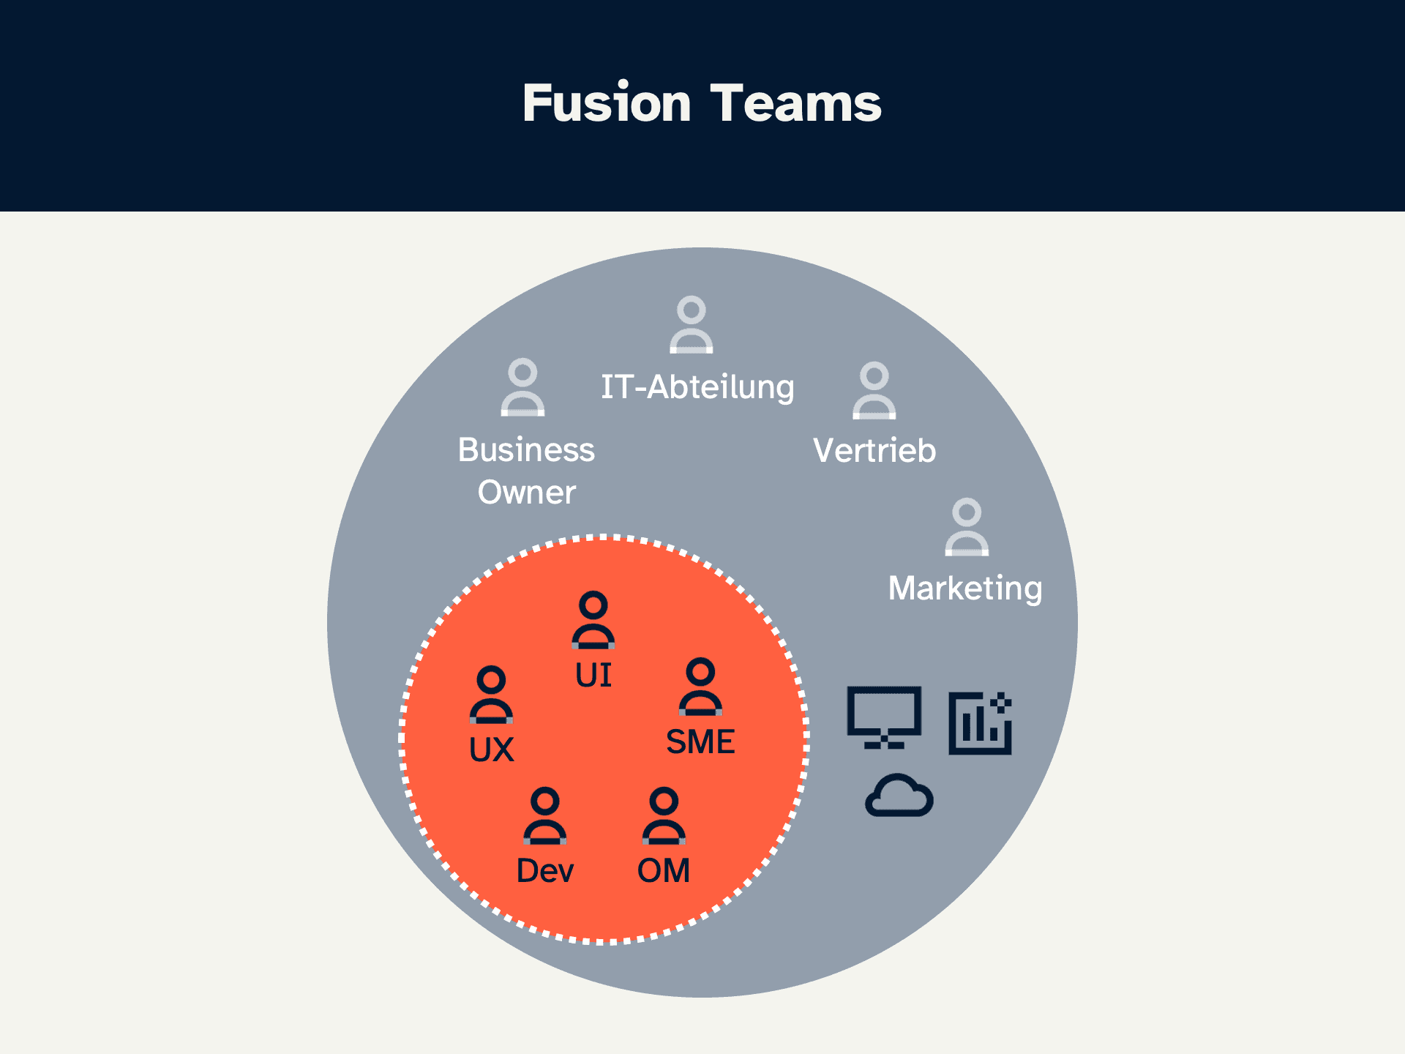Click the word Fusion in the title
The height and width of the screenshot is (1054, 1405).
(607, 102)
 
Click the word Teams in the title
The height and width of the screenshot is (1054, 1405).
(796, 102)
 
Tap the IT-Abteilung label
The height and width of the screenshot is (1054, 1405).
(697, 386)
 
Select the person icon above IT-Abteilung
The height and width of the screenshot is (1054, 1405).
(692, 324)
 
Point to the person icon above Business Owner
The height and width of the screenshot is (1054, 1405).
(522, 387)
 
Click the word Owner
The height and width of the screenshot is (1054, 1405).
(527, 492)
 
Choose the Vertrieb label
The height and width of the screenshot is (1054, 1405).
(874, 450)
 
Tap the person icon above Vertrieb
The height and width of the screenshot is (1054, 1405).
(874, 390)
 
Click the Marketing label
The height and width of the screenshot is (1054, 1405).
(965, 588)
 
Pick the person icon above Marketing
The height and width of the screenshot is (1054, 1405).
(967, 527)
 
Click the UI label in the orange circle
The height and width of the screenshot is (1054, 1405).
(593, 675)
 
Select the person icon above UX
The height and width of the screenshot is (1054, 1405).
(491, 695)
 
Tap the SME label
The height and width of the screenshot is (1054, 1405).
(700, 741)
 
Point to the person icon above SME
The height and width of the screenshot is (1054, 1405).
(700, 687)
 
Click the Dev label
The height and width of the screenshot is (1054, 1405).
(545, 870)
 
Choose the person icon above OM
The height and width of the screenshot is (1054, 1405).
(664, 816)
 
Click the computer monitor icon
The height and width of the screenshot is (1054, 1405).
(884, 717)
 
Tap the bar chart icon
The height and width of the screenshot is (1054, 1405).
(981, 723)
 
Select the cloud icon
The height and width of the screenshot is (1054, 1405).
(899, 795)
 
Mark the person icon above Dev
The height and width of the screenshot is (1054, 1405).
(544, 816)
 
